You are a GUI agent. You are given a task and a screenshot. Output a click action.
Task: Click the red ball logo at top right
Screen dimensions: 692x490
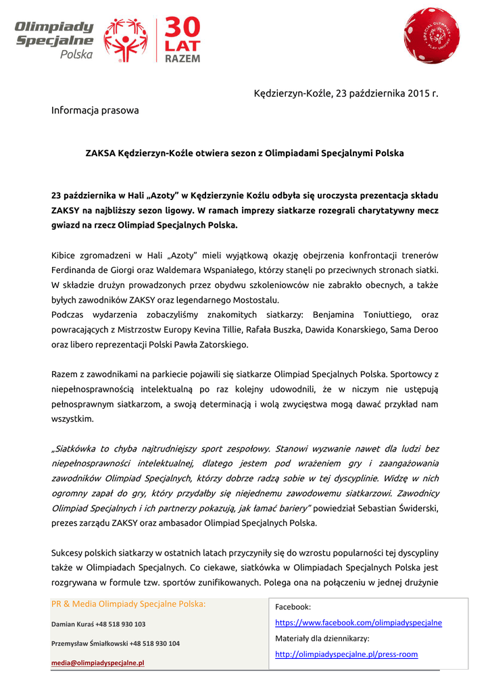[431, 35]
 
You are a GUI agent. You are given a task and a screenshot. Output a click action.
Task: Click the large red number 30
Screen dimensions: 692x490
[182, 31]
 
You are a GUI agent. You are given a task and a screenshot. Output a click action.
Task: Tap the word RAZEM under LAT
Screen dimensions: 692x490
[183, 59]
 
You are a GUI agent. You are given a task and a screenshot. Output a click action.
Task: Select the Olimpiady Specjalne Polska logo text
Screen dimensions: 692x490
[55, 40]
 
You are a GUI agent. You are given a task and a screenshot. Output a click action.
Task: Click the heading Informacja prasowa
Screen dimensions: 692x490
[95, 109]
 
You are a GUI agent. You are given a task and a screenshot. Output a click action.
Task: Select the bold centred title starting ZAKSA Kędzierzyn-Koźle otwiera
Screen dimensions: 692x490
[245, 153]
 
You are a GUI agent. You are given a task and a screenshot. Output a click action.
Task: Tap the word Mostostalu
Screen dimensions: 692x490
[254, 299]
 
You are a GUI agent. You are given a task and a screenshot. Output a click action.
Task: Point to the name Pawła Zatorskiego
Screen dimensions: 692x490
[215, 344]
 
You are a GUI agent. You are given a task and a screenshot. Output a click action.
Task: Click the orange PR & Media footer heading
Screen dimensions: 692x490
[129, 604]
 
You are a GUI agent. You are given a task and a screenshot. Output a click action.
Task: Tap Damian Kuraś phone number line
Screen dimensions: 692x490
[98, 624]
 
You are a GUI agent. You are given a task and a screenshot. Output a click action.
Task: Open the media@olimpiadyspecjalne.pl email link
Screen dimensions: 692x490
[98, 663]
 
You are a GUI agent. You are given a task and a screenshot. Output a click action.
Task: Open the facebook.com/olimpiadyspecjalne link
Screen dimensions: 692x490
[358, 622]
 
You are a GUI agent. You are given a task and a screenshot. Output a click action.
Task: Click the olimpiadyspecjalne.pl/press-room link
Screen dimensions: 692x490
[346, 654]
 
